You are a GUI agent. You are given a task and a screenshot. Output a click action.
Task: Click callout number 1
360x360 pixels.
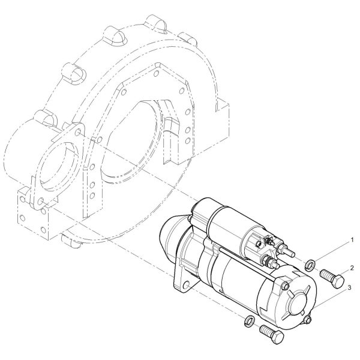[352, 240]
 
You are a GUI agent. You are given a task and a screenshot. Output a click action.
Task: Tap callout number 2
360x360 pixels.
[352, 268]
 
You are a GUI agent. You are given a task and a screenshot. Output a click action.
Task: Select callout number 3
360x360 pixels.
[349, 287]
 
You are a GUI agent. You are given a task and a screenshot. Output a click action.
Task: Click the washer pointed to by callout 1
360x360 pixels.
[310, 265]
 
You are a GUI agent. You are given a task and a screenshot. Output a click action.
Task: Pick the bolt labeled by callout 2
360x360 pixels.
[332, 278]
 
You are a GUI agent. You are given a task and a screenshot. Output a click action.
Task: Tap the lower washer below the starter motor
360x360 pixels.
[250, 322]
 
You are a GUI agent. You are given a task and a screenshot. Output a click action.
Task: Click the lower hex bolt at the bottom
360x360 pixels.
[272, 335]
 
